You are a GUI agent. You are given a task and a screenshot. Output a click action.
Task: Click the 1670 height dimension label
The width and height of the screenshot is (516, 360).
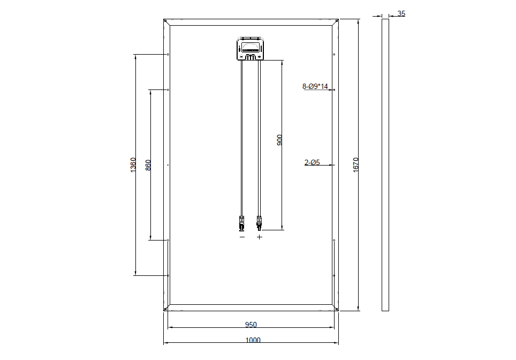[355, 164]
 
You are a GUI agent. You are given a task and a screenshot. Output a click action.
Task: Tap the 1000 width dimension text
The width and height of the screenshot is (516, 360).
[253, 340]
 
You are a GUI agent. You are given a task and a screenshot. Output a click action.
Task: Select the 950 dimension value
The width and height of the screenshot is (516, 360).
[251, 325]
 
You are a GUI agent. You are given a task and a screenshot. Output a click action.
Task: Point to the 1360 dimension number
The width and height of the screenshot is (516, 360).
[133, 164]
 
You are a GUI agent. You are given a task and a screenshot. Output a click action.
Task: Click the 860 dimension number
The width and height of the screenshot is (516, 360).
[148, 165]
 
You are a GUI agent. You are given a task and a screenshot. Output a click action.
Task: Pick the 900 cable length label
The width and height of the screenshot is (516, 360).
[279, 140]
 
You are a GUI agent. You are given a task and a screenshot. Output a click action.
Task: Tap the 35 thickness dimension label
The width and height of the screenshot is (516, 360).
[401, 13]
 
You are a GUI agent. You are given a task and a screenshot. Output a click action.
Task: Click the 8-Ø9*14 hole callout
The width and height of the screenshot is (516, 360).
[315, 86]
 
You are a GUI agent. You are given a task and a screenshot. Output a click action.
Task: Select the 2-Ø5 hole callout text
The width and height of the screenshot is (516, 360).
[312, 162]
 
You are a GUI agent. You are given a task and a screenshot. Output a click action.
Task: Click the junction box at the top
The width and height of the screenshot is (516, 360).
[251, 49]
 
